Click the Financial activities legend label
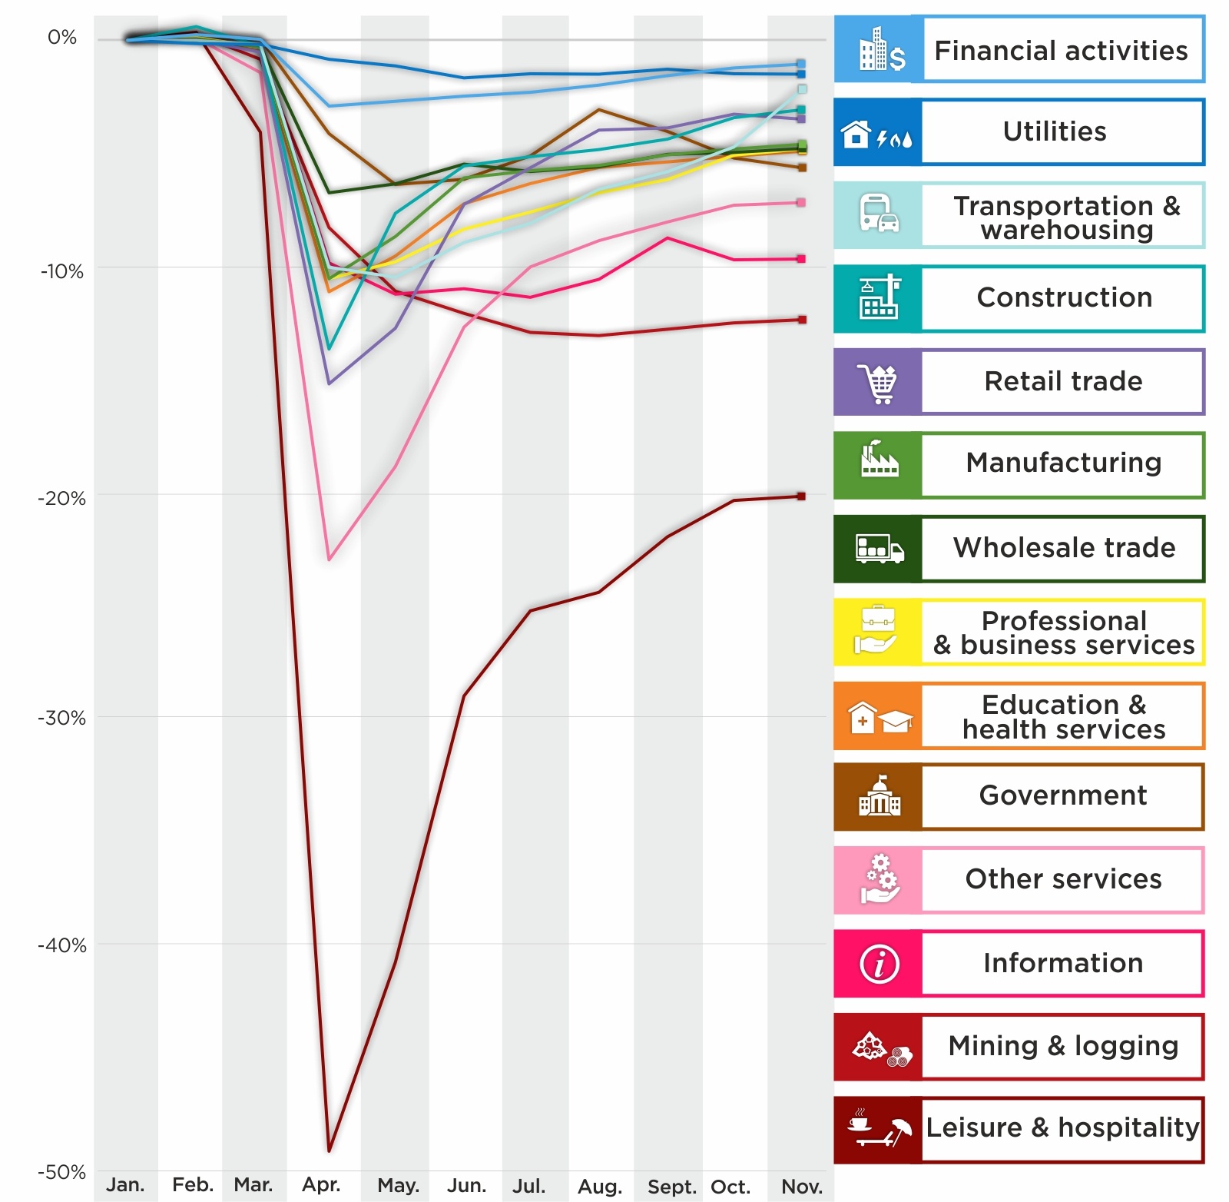coord(1061,51)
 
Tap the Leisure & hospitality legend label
coord(1062,1127)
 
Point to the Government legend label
coord(1063,795)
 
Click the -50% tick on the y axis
coord(61,1172)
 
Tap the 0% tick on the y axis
coord(61,38)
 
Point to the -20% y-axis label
coord(61,498)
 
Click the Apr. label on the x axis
coord(321,1184)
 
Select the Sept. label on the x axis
coord(671,1187)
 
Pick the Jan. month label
coord(125,1184)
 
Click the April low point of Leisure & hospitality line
coord(329,1151)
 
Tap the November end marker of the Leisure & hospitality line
coord(801,496)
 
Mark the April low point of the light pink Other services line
coord(329,559)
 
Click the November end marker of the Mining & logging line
coord(802,320)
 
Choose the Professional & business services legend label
coord(1064,633)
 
